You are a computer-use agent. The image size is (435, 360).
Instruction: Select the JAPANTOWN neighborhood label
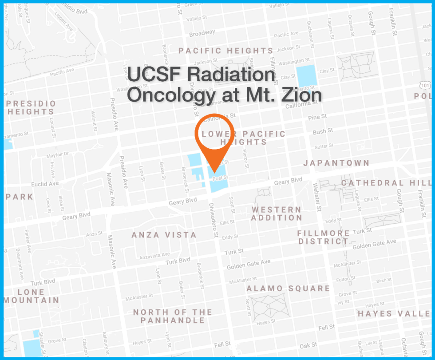336,163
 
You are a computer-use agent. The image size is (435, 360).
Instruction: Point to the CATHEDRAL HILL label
385,183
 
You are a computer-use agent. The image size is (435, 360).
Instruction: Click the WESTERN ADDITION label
276,214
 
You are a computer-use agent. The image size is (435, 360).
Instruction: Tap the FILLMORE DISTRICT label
324,237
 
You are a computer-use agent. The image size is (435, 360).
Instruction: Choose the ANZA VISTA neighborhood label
164,235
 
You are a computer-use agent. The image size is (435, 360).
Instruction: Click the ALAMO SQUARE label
288,289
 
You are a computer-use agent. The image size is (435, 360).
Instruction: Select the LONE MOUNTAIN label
31,296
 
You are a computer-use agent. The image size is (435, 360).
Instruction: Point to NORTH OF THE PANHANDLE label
173,316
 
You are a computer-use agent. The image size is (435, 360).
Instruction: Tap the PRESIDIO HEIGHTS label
32,107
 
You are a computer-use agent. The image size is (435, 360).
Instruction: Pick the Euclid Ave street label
45,184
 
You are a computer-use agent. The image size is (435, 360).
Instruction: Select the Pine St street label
317,117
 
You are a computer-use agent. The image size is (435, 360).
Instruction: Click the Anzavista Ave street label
154,256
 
